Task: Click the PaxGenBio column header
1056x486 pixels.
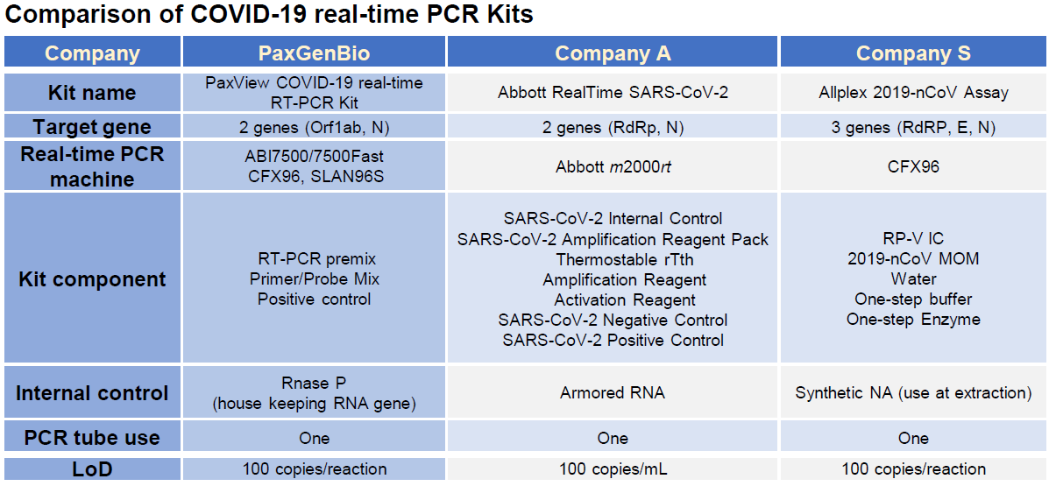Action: click(314, 53)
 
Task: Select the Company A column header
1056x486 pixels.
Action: click(613, 53)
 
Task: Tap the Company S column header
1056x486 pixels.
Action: click(913, 53)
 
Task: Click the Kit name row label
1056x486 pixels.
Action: click(92, 93)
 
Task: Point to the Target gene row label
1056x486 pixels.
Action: click(92, 127)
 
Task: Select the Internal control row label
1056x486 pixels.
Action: click(92, 393)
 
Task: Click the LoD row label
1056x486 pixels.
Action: click(92, 469)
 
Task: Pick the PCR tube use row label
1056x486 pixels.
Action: click(92, 438)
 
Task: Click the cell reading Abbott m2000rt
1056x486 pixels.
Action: click(613, 166)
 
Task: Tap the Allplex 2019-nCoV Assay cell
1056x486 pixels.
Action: click(913, 92)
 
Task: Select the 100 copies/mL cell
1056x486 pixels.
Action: click(613, 469)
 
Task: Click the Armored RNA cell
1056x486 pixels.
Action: click(613, 393)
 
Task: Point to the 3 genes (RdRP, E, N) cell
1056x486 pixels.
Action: click(913, 128)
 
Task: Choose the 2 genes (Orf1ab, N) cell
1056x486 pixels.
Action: click(314, 128)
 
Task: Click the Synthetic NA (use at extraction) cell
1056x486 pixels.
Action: click(913, 393)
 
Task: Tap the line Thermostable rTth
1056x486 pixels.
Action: click(625, 259)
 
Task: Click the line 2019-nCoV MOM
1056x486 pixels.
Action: click(913, 258)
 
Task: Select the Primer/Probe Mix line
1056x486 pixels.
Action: click(314, 278)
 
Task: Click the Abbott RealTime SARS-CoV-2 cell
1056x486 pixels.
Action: click(613, 92)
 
